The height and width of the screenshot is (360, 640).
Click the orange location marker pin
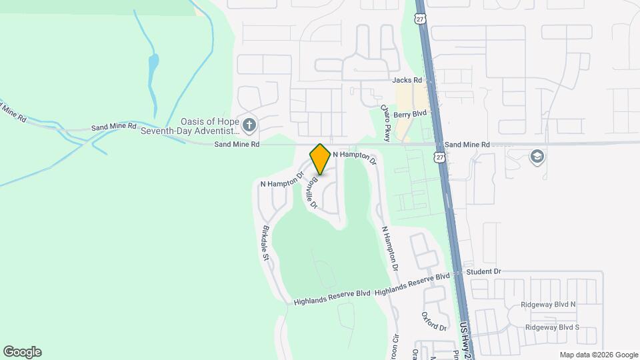[320, 159]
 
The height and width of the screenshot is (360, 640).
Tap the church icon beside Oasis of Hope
[249, 125]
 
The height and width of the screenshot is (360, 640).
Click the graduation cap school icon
[537, 157]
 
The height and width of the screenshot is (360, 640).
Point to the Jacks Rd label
[408, 80]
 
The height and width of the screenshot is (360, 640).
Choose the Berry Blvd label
[409, 115]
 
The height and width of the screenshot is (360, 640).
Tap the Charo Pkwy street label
[385, 117]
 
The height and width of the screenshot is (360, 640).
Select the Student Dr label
[483, 272]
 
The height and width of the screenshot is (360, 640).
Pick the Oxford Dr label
[433, 321]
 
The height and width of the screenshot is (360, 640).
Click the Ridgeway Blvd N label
[552, 305]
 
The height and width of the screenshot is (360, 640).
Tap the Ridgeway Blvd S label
[552, 327]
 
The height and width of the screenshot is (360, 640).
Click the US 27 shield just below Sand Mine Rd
[438, 157]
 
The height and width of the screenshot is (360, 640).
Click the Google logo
[22, 352]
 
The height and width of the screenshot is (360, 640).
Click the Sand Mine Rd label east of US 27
[467, 145]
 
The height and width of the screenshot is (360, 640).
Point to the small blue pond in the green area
[154, 65]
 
